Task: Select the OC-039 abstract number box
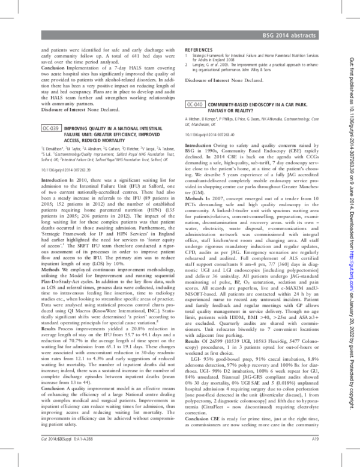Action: click(50, 129)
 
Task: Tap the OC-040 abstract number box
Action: click(195, 104)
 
